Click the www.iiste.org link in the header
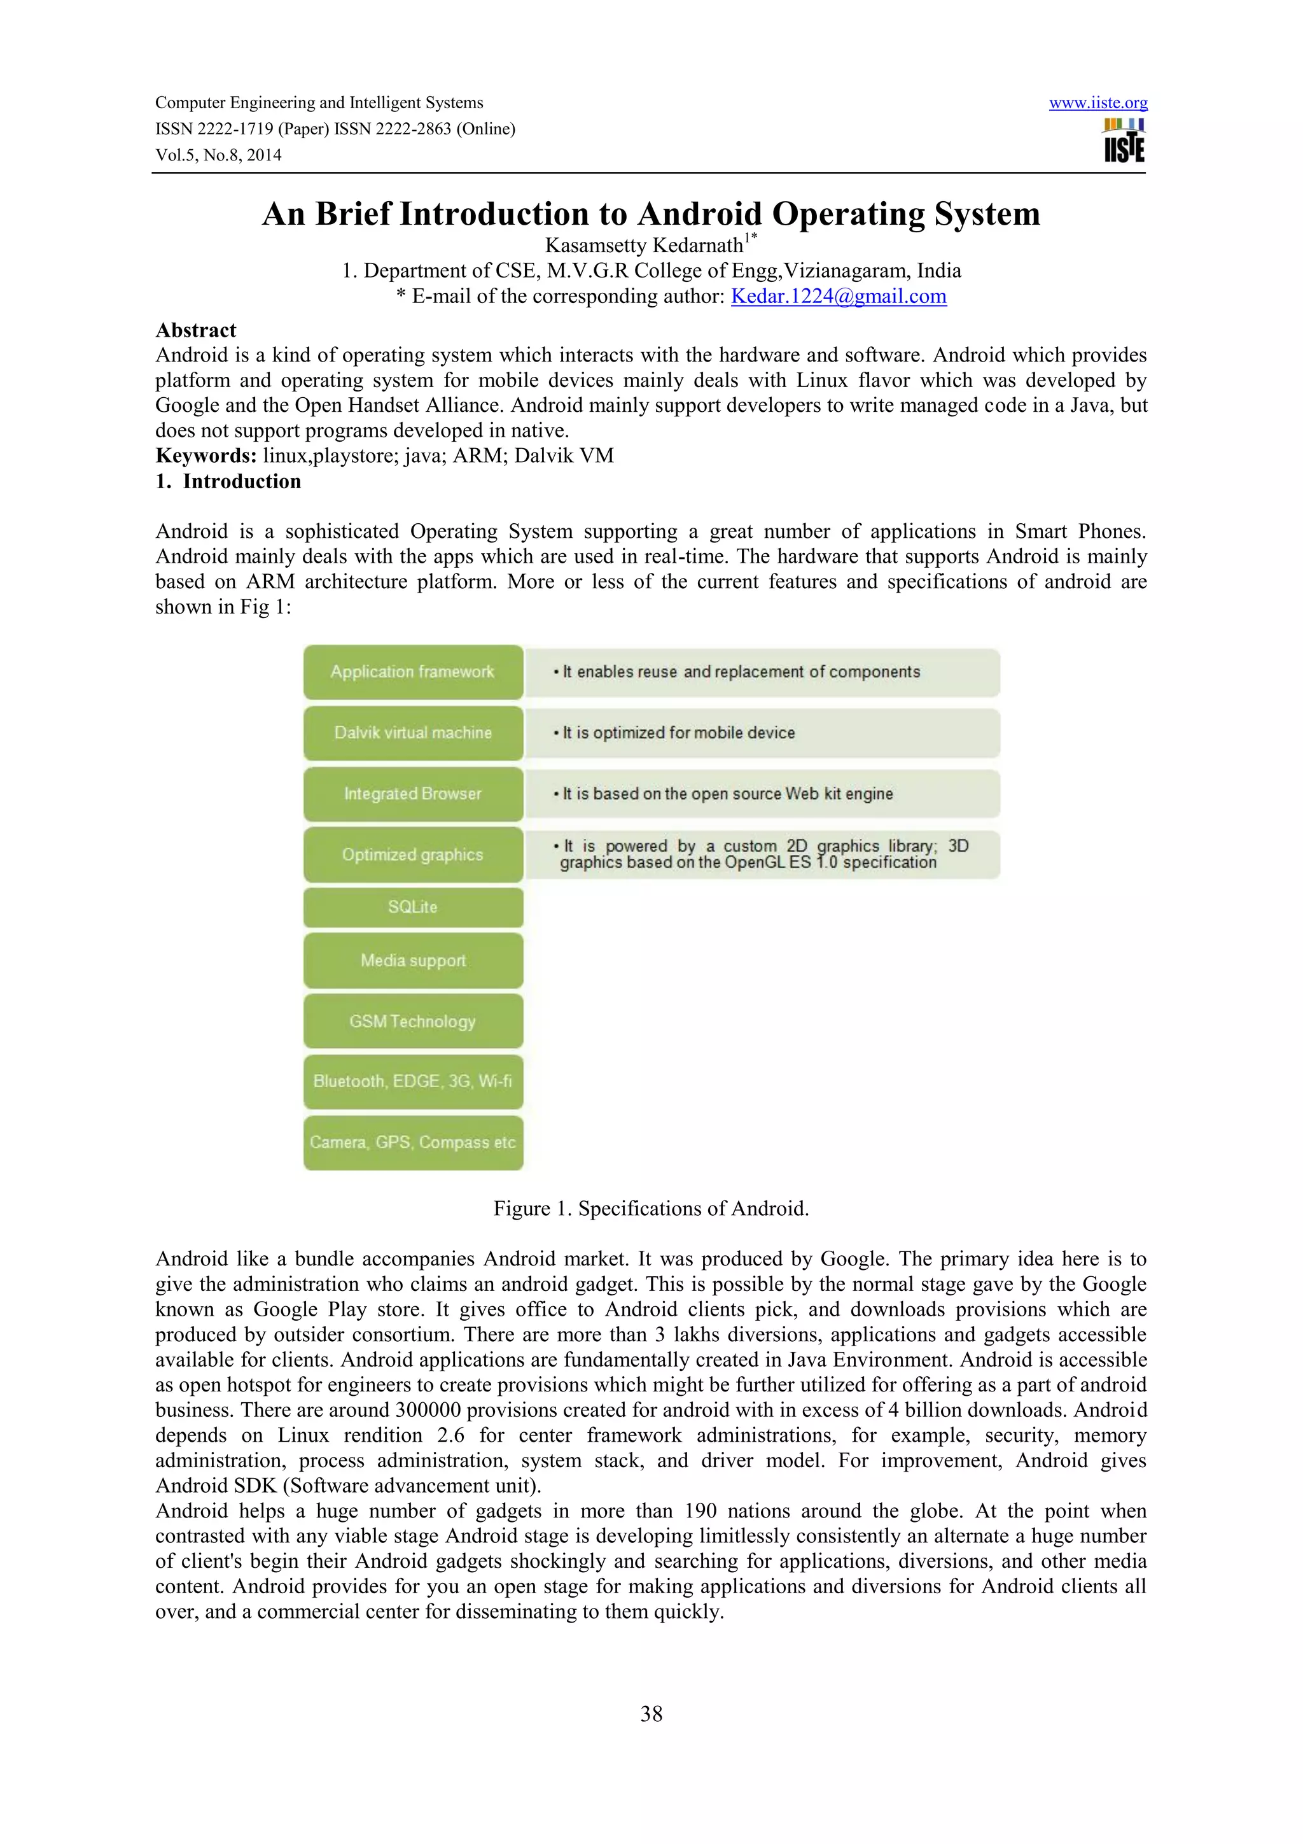pyautogui.click(x=1097, y=103)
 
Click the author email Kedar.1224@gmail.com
pyautogui.click(x=838, y=297)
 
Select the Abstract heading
pyautogui.click(x=196, y=330)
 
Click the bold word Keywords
pyautogui.click(x=206, y=455)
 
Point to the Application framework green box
pyautogui.click(x=413, y=672)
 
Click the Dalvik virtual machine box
pyautogui.click(x=413, y=733)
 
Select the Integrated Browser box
pyautogui.click(x=413, y=794)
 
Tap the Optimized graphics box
pyautogui.click(x=413, y=855)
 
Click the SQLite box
pyautogui.click(x=413, y=907)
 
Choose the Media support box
pyautogui.click(x=413, y=961)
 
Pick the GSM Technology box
pyautogui.click(x=413, y=1022)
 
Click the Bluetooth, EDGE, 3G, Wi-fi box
pyautogui.click(x=413, y=1081)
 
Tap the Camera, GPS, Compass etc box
pyautogui.click(x=413, y=1142)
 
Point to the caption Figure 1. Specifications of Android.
pyautogui.click(x=651, y=1209)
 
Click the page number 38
pyautogui.click(x=651, y=1714)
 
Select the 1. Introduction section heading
pyautogui.click(x=229, y=481)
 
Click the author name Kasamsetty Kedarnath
pyautogui.click(x=645, y=245)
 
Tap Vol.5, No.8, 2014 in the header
pyautogui.click(x=218, y=155)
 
